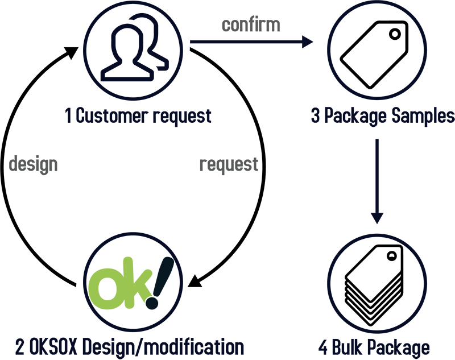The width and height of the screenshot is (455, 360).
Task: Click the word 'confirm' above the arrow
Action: [250, 24]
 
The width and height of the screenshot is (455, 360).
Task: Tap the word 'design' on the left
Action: [34, 164]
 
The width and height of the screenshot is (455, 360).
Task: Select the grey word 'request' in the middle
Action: [229, 164]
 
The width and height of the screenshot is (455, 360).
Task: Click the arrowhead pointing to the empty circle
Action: [308, 42]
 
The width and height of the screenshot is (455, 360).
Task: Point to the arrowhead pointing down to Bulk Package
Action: [377, 218]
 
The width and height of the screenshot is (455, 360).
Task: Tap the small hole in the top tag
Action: [392, 256]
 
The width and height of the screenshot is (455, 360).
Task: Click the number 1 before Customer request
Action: [68, 116]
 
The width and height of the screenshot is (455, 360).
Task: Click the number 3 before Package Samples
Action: [316, 116]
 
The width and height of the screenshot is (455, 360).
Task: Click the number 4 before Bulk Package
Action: [323, 347]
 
